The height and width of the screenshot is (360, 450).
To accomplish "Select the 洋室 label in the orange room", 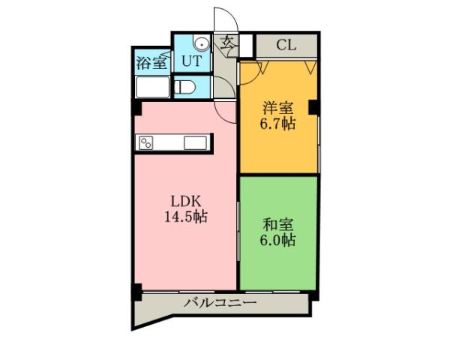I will pos(278,108).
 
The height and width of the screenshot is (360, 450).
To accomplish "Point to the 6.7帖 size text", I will pos(278,124).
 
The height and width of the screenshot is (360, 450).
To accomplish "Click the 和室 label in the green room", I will pos(278,224).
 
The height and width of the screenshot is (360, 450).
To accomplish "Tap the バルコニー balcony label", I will pos(220,303).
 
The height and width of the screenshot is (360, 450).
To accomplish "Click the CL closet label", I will pos(286,44).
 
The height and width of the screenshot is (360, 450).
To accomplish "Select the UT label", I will pos(191,61).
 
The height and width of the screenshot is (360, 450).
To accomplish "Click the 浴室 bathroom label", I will pos(152,62).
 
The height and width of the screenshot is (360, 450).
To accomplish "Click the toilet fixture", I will pos(185,86).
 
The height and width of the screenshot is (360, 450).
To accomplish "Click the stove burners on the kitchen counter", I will pos(147,142).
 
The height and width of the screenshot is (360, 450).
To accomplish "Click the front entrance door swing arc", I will pos(223,20).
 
